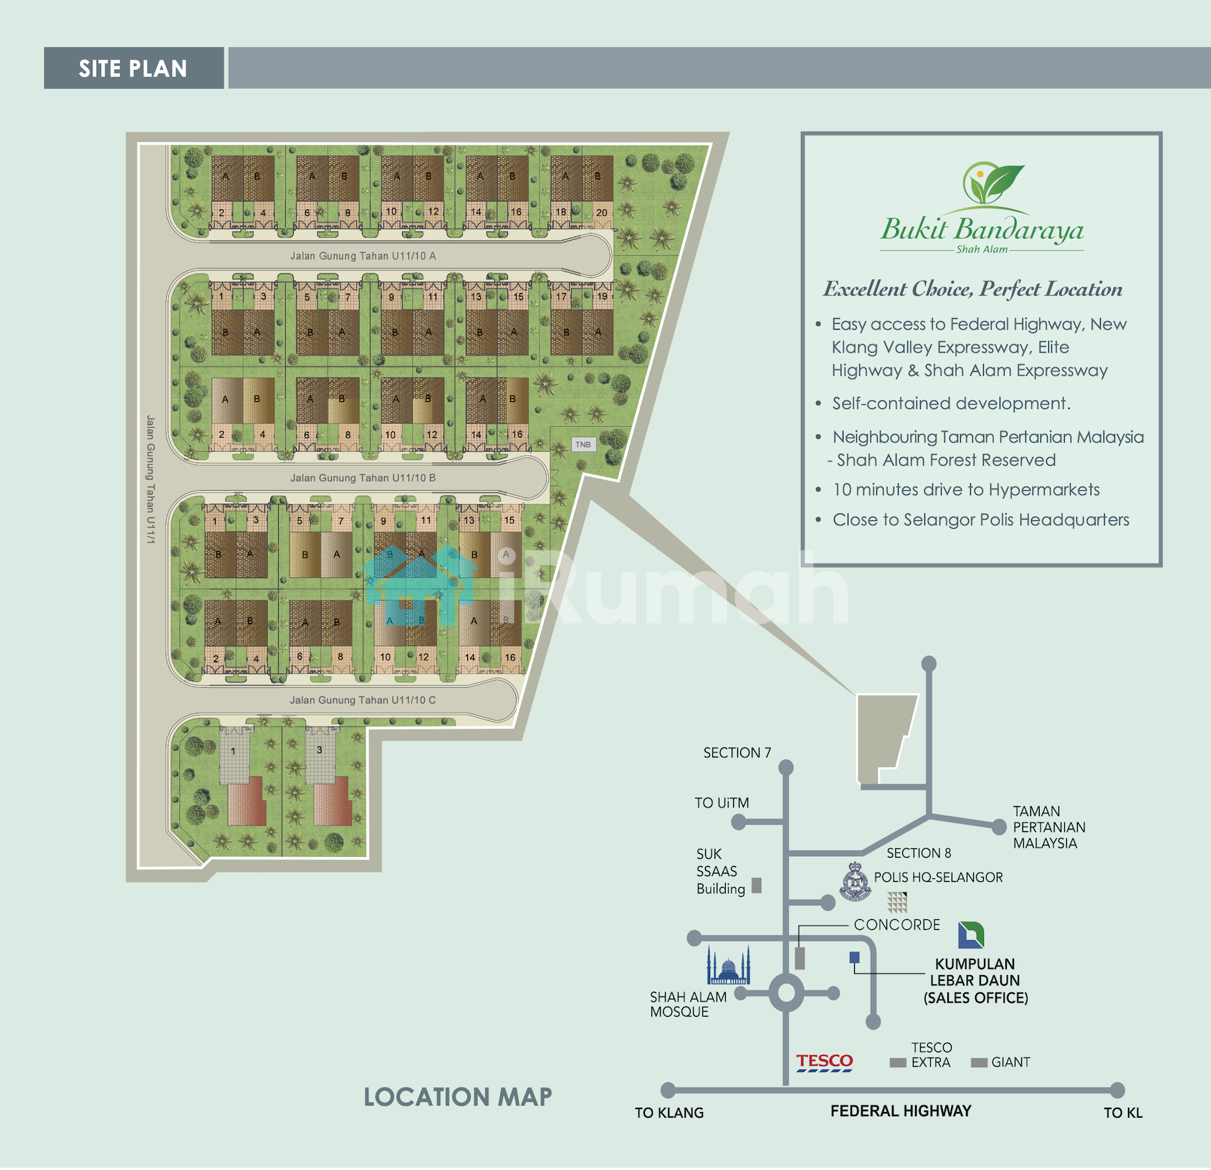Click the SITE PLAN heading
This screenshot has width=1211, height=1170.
click(133, 69)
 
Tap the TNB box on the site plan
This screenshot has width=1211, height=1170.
click(583, 445)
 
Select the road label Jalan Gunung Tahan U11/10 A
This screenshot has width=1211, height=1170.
click(363, 256)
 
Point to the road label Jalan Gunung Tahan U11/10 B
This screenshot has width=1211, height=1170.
click(363, 478)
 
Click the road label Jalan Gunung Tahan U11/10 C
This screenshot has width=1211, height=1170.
click(363, 700)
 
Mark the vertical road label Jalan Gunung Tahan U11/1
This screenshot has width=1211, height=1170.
click(150, 480)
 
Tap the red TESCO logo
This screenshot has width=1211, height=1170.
click(825, 1062)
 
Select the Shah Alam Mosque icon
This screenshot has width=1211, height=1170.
click(728, 964)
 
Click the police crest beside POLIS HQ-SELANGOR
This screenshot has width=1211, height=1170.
click(855, 882)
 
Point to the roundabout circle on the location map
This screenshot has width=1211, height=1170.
click(787, 994)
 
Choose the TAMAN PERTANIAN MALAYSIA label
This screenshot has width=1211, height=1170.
click(1049, 828)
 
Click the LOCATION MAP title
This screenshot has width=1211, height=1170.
click(458, 1097)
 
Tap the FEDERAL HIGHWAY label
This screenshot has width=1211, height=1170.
click(901, 1111)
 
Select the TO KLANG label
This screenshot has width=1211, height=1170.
click(669, 1113)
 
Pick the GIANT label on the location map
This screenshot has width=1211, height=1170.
click(1011, 1063)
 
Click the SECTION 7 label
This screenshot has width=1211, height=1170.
click(737, 753)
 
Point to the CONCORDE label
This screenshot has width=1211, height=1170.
click(897, 925)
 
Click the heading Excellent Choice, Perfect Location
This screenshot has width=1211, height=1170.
click(973, 289)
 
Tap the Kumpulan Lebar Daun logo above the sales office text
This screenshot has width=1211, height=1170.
click(971, 935)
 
